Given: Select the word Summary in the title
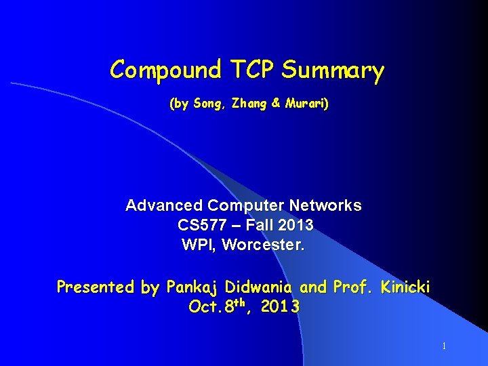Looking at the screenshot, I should pyautogui.click(x=333, y=70).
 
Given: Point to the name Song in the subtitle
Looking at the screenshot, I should pyautogui.click(x=207, y=104).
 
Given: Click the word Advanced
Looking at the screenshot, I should pyautogui.click(x=165, y=205).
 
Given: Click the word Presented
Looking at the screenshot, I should pyautogui.click(x=96, y=287).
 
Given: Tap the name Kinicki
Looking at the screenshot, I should pyautogui.click(x=405, y=287).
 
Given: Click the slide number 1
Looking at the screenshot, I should pyautogui.click(x=444, y=346).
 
